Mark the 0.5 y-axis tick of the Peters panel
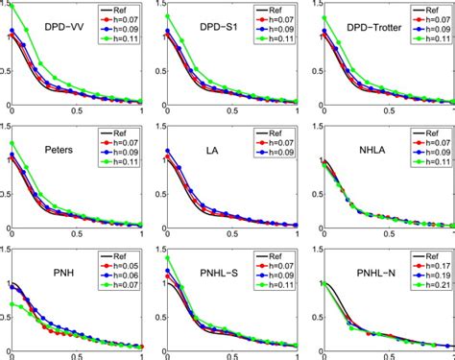click(5, 198)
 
